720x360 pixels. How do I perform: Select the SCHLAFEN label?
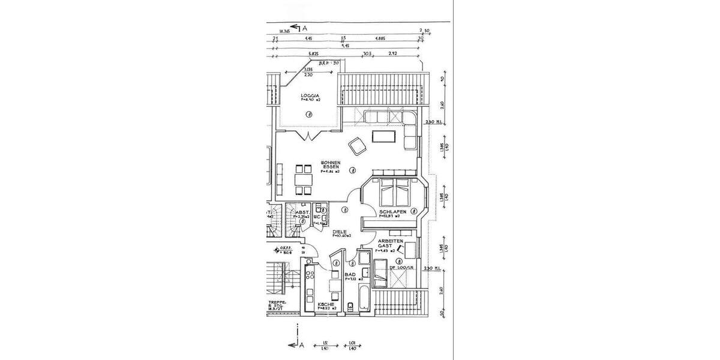393,212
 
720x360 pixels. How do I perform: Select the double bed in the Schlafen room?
393,192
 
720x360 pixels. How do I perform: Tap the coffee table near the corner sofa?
383,137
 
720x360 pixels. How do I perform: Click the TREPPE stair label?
277,305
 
